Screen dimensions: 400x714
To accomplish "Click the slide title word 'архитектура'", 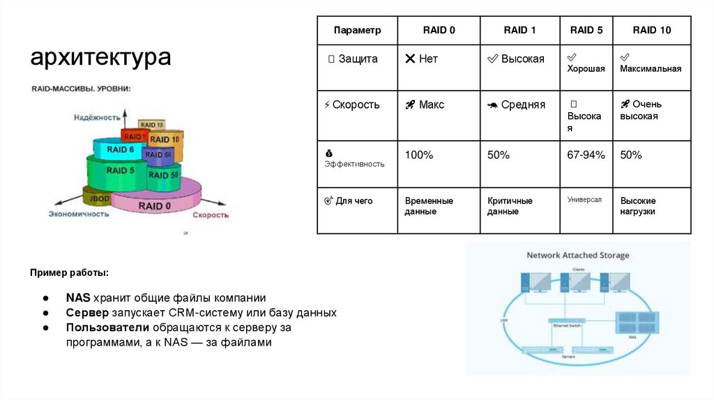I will [x=100, y=58].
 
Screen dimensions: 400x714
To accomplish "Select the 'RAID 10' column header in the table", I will [x=651, y=31].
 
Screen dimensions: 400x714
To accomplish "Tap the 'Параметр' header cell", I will [x=357, y=31].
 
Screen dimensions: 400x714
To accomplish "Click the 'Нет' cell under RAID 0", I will [x=422, y=59].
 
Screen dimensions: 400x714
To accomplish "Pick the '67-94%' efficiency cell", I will [x=586, y=155].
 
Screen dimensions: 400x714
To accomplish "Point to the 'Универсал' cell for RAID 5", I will [x=584, y=200].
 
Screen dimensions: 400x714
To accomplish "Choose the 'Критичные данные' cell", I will [x=510, y=206].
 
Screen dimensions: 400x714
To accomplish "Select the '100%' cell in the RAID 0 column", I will [x=419, y=155].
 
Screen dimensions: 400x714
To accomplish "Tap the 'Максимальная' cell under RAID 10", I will [x=651, y=68].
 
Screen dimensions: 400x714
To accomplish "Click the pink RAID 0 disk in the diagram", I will [x=155, y=205].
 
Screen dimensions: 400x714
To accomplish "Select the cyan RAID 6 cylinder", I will [x=119, y=150].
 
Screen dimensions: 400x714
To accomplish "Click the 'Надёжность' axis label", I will [x=97, y=118].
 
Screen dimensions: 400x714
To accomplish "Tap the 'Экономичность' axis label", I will [x=79, y=215].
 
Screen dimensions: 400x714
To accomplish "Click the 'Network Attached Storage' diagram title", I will [x=577, y=256].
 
